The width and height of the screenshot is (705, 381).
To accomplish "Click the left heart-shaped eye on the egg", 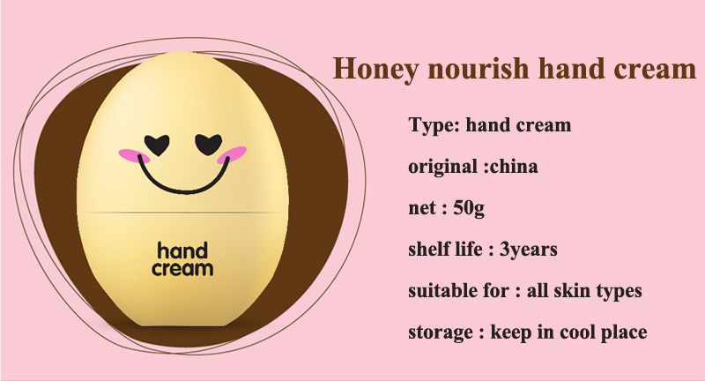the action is pyautogui.click(x=157, y=145).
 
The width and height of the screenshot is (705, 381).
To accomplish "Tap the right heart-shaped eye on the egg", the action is pyautogui.click(x=209, y=145).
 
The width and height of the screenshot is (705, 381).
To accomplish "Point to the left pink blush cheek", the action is pyautogui.click(x=134, y=155).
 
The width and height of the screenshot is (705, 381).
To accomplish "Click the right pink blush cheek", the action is pyautogui.click(x=232, y=154).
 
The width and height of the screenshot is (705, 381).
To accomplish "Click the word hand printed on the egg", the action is pyautogui.click(x=182, y=250).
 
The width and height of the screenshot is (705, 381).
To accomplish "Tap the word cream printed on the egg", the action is pyautogui.click(x=182, y=269).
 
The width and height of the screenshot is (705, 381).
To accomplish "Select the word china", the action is pyautogui.click(x=514, y=167).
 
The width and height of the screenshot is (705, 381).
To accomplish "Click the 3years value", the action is pyautogui.click(x=528, y=250).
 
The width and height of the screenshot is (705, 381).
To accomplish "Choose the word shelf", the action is pyautogui.click(x=427, y=249).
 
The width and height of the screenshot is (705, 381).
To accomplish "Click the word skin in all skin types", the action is pyautogui.click(x=572, y=290).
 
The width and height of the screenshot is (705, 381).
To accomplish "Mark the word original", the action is pyautogui.click(x=442, y=167).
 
